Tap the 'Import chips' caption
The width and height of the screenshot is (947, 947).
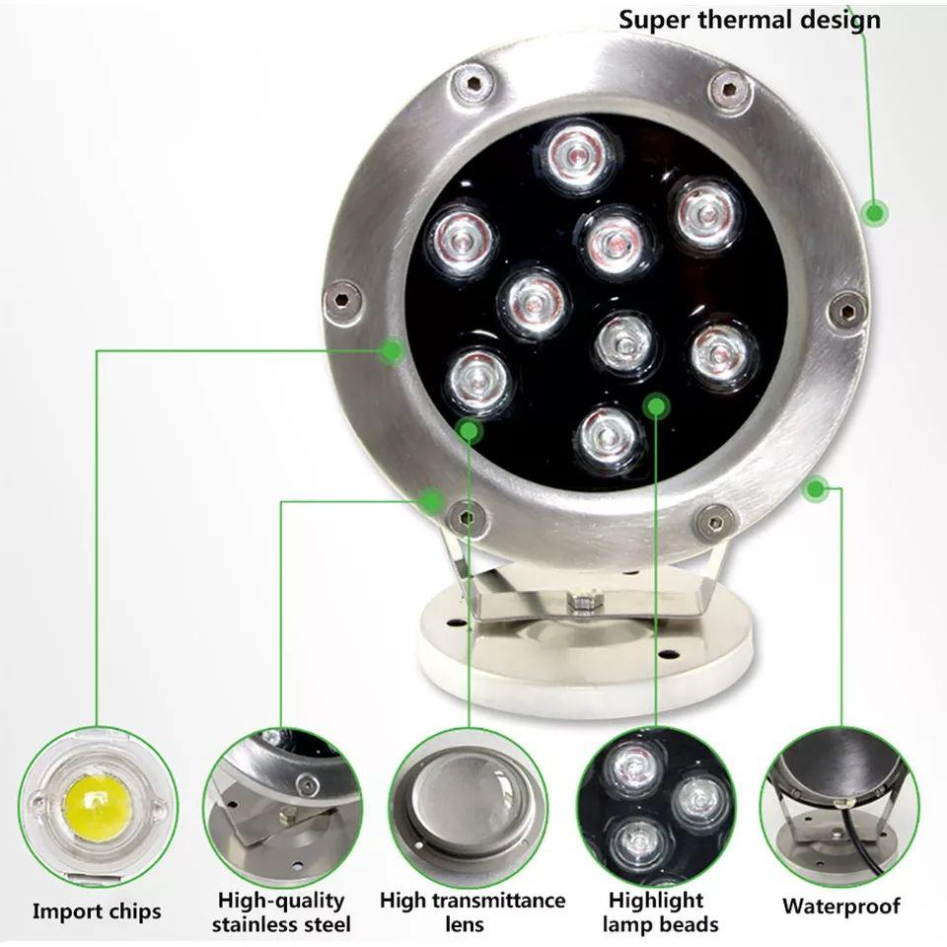click(97, 911)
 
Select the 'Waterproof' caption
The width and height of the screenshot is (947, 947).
click(840, 906)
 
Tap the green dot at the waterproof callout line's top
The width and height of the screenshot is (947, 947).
click(816, 488)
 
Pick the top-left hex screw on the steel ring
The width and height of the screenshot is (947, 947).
click(473, 84)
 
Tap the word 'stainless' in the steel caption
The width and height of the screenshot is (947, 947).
click(259, 924)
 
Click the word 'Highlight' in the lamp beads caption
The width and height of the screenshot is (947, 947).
click(656, 901)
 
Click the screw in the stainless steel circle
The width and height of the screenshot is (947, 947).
click(309, 784)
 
